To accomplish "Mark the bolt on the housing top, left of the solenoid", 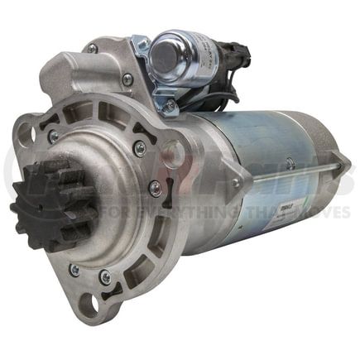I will [127, 79].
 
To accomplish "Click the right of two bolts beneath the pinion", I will [105, 276].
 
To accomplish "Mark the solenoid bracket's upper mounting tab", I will [142, 43].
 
